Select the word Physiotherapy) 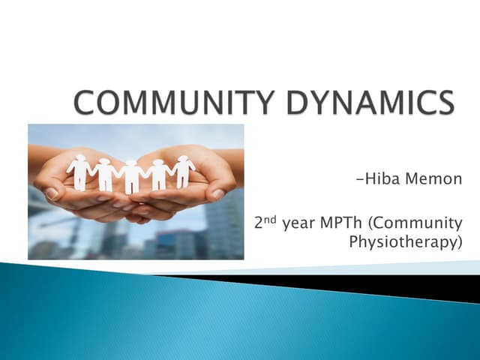point(406,243)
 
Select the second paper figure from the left point(105,175)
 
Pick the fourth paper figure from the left point(159,174)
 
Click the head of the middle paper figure point(133,164)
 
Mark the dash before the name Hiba point(353,181)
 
